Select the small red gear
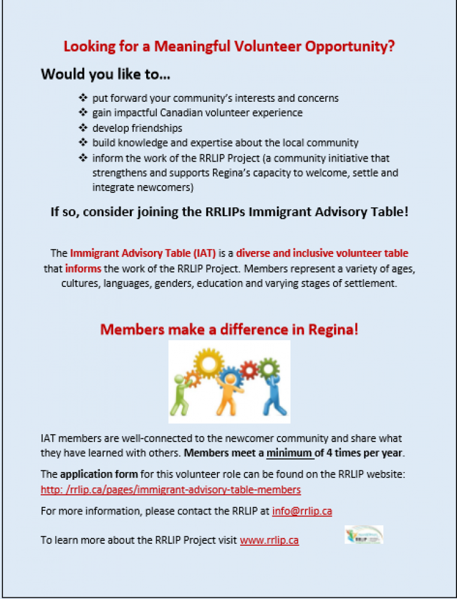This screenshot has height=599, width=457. (x=247, y=370)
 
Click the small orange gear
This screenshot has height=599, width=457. (x=192, y=378)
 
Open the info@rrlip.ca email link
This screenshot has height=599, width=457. (x=302, y=511)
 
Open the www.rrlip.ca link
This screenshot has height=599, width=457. (x=269, y=540)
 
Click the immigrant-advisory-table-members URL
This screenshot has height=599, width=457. (x=171, y=489)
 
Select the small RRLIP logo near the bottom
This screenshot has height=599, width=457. (x=364, y=534)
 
